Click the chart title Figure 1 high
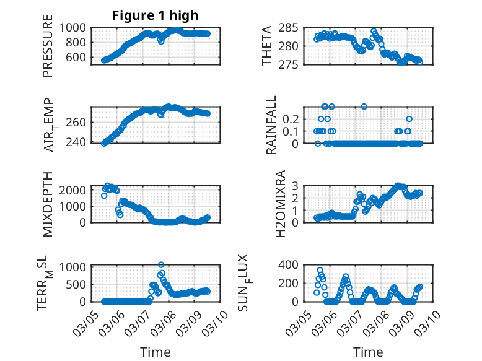[x=155, y=16]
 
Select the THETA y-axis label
[x=267, y=46]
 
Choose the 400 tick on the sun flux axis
[x=292, y=264]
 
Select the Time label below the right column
[x=368, y=352]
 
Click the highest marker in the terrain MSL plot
[x=161, y=265]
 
